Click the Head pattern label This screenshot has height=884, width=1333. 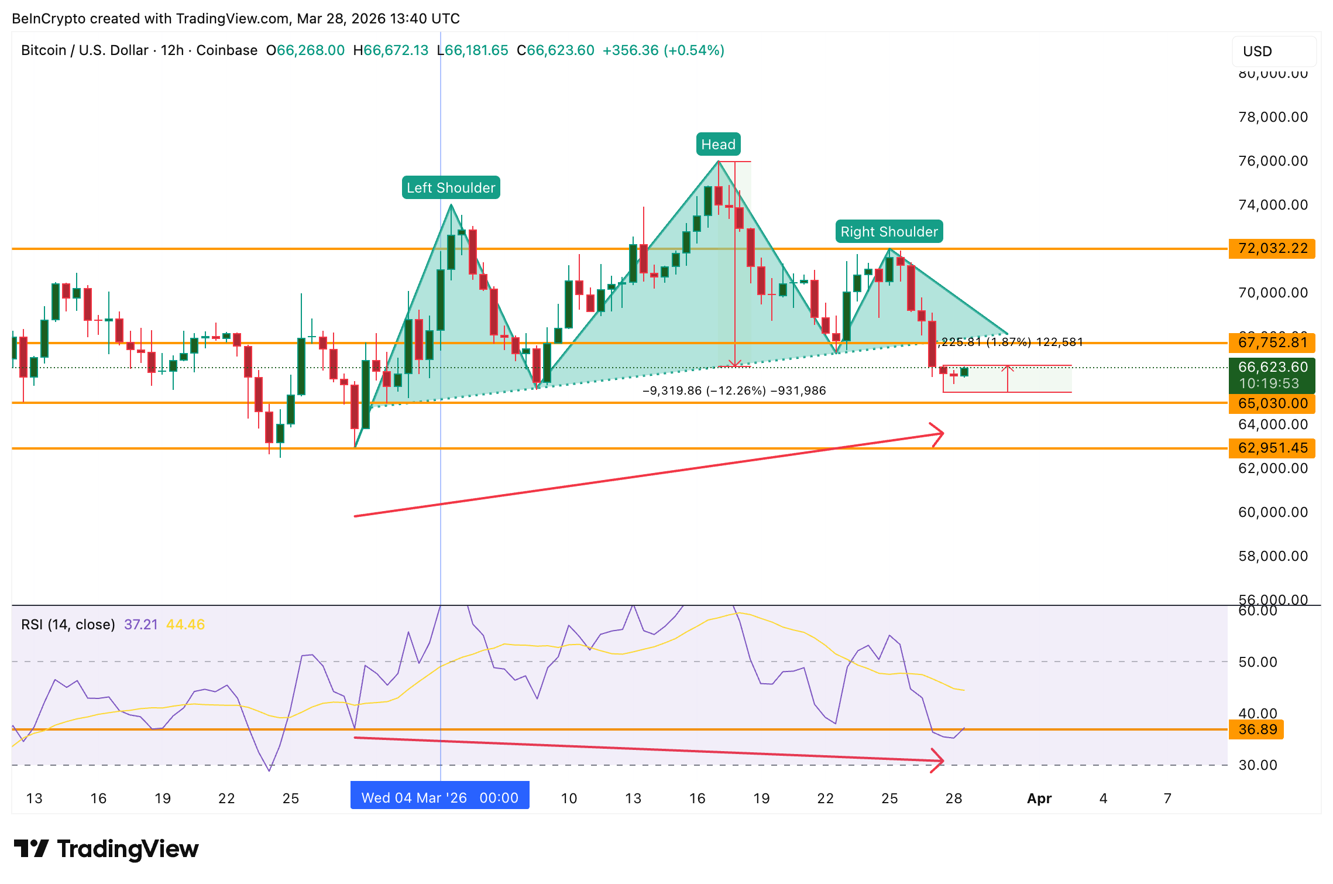(x=718, y=145)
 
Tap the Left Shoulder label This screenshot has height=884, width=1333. (x=451, y=188)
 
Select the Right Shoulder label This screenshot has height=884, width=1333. (x=889, y=232)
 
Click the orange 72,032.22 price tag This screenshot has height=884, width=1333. (x=1272, y=248)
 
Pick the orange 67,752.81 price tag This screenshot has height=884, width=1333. (x=1272, y=342)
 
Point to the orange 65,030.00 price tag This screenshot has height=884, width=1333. (x=1272, y=403)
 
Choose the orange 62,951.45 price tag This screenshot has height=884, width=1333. (x=1272, y=448)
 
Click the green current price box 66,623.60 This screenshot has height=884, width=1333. (x=1272, y=375)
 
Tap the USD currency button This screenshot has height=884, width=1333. (x=1273, y=52)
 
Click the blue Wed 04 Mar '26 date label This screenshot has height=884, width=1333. (x=439, y=797)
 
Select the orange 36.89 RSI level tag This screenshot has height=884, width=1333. (x=1257, y=729)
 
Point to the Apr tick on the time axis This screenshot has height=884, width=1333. (x=1039, y=799)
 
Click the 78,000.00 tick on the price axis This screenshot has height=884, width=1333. (x=1273, y=117)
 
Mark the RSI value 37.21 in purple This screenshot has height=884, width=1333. (x=141, y=625)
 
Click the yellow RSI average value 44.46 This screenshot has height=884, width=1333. (x=185, y=625)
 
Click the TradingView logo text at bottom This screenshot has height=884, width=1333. (x=128, y=849)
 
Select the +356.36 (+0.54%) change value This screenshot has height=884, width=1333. (x=663, y=50)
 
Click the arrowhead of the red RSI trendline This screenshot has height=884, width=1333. (x=939, y=760)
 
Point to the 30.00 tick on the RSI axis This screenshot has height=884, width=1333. (x=1258, y=765)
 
